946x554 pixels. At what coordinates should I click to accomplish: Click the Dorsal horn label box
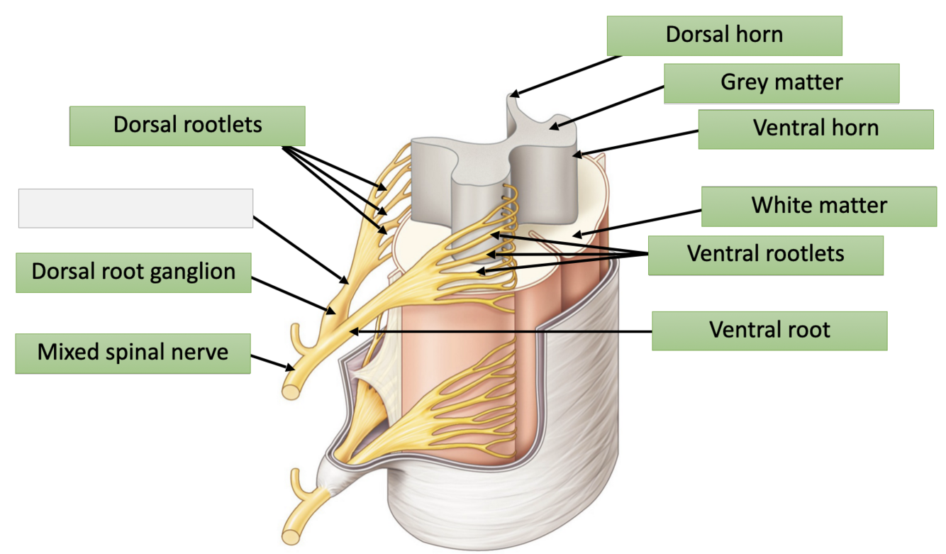724,35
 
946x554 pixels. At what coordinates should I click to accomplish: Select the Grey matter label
781,83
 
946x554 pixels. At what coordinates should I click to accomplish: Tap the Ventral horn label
816,128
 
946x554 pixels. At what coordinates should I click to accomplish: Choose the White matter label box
819,206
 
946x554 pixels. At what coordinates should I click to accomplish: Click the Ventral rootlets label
765,254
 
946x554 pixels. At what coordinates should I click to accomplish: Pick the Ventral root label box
769,330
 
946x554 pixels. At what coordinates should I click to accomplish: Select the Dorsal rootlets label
187,126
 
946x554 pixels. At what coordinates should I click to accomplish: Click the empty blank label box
135,208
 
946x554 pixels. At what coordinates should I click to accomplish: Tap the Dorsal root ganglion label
133,272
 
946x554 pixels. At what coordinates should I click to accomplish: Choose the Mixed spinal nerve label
133,353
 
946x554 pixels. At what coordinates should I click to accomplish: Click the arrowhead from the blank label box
347,281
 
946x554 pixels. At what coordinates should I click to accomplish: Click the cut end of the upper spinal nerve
291,389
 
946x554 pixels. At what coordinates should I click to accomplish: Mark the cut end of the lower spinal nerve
291,533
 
